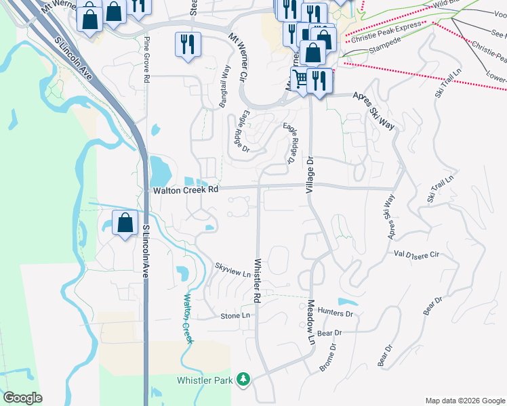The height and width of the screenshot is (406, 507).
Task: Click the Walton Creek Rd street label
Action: coord(186,190)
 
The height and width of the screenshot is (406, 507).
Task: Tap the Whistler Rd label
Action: coord(258,280)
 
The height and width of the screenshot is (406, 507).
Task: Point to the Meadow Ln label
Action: coord(311,322)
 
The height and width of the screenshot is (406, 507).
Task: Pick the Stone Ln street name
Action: coord(235,316)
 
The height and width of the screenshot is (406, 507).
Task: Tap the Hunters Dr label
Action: coord(336,314)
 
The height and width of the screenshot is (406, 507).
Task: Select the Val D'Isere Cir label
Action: coord(417,254)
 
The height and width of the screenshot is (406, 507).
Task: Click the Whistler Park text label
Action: coord(205,381)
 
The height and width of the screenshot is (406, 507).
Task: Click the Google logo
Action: coord(22,398)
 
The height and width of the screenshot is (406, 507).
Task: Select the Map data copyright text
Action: coord(464,401)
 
